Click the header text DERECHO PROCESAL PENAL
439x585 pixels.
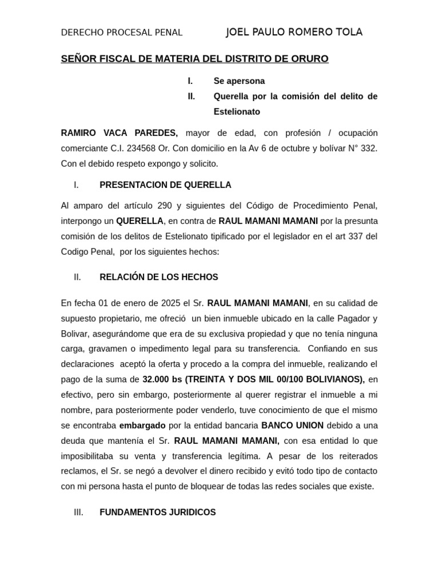[122, 33]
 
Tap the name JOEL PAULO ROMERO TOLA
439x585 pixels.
[294, 32]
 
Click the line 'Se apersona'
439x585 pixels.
[239, 81]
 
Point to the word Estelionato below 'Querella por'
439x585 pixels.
[237, 112]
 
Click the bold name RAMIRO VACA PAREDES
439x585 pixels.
[119, 133]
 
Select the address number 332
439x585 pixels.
[369, 149]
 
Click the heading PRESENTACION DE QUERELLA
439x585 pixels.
[165, 185]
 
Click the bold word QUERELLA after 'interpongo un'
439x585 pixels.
[139, 221]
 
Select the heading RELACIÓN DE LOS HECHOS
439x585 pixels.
[159, 277]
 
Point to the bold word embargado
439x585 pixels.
[142, 426]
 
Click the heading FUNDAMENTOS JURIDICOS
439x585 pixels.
[158, 512]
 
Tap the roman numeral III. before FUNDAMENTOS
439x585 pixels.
[79, 512]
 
